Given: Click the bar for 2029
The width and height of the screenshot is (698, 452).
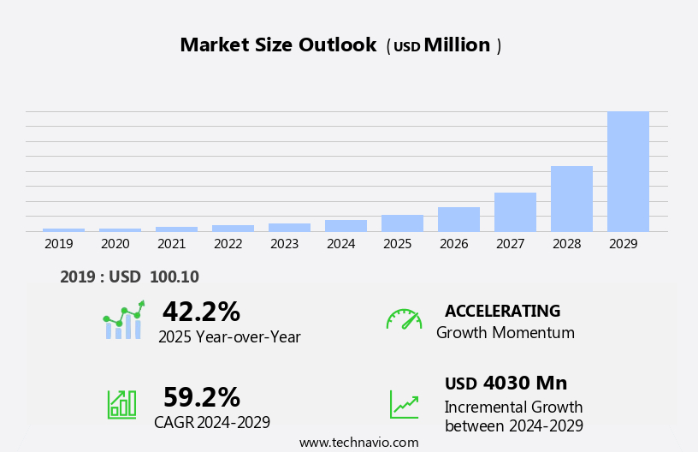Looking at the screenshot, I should click(628, 171).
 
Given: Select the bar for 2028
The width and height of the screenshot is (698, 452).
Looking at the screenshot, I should click(571, 199).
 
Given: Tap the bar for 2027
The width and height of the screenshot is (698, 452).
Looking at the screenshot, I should click(515, 212).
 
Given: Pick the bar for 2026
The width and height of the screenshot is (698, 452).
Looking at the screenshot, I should click(458, 219).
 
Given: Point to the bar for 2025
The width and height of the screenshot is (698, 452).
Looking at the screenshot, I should click(402, 223).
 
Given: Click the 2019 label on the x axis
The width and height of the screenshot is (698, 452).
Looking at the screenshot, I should click(59, 244).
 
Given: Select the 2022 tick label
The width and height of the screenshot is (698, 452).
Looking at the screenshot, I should click(228, 244).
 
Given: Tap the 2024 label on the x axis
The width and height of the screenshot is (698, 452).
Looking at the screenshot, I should click(341, 244).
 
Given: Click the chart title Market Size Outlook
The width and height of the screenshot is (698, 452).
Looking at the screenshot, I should click(278, 45).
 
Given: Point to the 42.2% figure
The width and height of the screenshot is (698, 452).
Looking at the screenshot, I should click(201, 312).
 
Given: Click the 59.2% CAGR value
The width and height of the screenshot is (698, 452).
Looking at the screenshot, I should click(201, 397).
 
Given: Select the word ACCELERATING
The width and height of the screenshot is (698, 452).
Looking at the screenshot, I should click(502, 312).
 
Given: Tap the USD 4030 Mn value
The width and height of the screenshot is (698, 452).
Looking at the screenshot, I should click(506, 384).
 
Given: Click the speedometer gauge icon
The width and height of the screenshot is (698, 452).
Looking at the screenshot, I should click(404, 319).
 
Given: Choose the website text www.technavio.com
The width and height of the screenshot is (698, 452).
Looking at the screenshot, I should click(358, 443).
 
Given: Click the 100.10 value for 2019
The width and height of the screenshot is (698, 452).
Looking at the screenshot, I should click(174, 277).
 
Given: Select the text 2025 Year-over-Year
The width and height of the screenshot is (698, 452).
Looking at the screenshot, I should click(229, 337).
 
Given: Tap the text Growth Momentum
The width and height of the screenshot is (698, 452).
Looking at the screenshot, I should click(505, 333).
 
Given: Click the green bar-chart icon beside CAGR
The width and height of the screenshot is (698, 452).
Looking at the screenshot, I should click(121, 403).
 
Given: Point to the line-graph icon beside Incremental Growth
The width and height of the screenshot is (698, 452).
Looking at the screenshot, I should click(404, 404).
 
